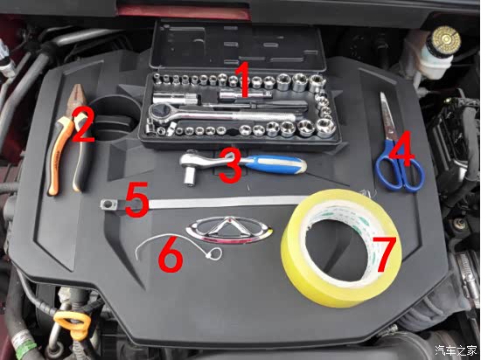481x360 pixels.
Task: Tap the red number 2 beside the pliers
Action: point(82,126)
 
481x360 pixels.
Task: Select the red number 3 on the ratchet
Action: point(230,165)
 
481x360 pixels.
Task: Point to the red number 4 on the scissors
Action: point(403,149)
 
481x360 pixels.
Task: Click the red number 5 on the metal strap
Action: point(136,199)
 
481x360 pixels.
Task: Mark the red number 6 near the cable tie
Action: point(171,253)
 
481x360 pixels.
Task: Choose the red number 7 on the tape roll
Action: point(385,254)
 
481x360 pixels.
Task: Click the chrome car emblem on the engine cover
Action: point(229,230)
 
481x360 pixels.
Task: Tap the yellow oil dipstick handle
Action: point(72,322)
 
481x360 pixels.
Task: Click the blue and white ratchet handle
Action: point(274,164)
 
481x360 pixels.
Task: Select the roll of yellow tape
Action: point(341,247)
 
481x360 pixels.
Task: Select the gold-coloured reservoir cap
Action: point(446,38)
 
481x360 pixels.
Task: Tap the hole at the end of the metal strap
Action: point(108,203)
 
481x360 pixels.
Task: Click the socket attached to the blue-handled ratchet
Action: point(189,177)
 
